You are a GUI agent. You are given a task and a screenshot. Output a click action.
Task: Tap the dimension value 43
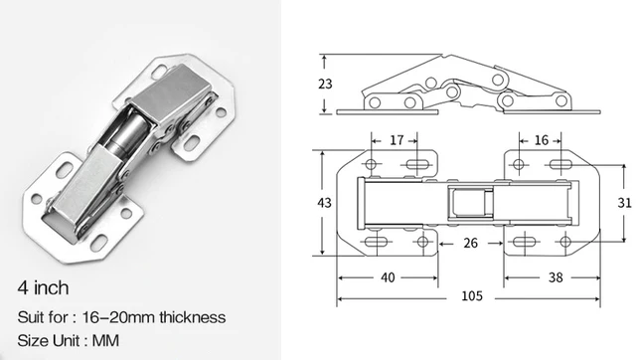324,203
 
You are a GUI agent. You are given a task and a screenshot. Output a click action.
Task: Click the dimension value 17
396,140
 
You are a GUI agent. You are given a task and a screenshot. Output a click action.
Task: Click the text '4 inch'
43,289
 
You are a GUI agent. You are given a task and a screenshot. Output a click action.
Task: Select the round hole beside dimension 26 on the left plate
421,242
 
